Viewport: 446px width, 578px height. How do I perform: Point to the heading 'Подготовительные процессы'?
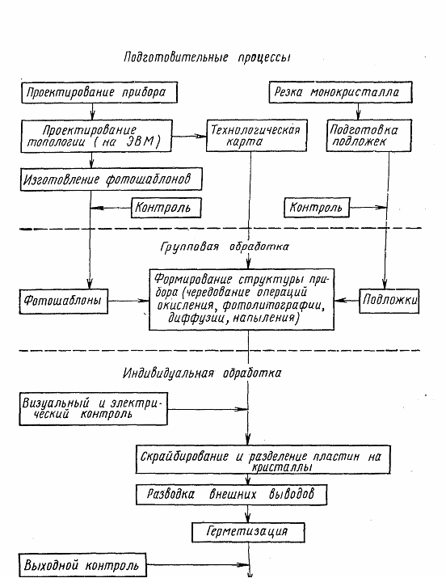tap(208, 58)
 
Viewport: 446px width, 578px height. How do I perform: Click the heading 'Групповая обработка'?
tap(225, 247)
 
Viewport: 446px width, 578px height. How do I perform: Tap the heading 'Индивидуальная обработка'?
tap(202, 373)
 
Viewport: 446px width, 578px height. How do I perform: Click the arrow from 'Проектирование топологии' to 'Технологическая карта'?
tap(189, 136)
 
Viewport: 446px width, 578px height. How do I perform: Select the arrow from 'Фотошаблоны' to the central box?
tap(128, 301)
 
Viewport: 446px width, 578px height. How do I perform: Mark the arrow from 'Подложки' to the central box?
tap(347, 301)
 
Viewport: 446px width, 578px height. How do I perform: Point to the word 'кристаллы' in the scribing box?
tap(282, 467)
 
